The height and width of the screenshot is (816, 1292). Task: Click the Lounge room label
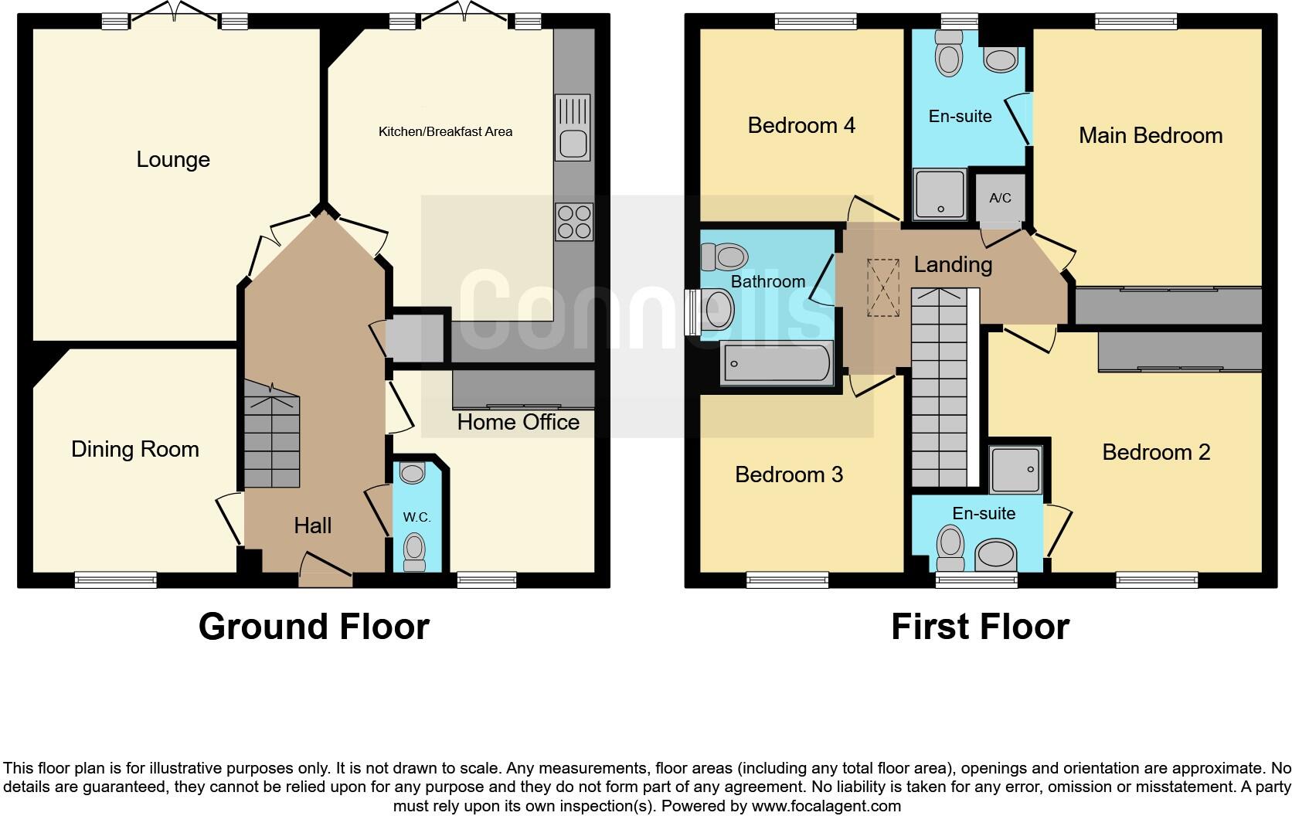pyautogui.click(x=173, y=160)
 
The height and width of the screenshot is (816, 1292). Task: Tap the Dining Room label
pyautogui.click(x=135, y=449)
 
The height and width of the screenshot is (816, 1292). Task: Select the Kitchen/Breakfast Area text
pyautogui.click(x=445, y=131)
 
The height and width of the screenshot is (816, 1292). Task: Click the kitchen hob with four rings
pyautogui.click(x=573, y=221)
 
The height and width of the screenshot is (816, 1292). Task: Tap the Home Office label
pyautogui.click(x=518, y=422)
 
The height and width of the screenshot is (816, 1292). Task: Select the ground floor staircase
pyautogui.click(x=272, y=433)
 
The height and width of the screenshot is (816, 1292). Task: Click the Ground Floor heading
pyautogui.click(x=314, y=626)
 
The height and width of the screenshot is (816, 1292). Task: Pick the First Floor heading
pyautogui.click(x=980, y=626)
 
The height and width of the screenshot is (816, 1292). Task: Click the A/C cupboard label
pyautogui.click(x=1000, y=198)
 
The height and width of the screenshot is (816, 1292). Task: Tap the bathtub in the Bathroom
pyautogui.click(x=776, y=363)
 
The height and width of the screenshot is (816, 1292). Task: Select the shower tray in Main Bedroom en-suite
pyautogui.click(x=940, y=192)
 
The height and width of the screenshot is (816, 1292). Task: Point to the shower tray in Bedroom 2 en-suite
pyautogui.click(x=1015, y=469)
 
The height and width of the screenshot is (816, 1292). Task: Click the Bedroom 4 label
pyautogui.click(x=801, y=125)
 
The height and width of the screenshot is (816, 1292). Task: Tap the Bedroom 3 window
pyautogui.click(x=787, y=579)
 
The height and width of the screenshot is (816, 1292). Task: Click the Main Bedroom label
pyautogui.click(x=1150, y=136)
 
